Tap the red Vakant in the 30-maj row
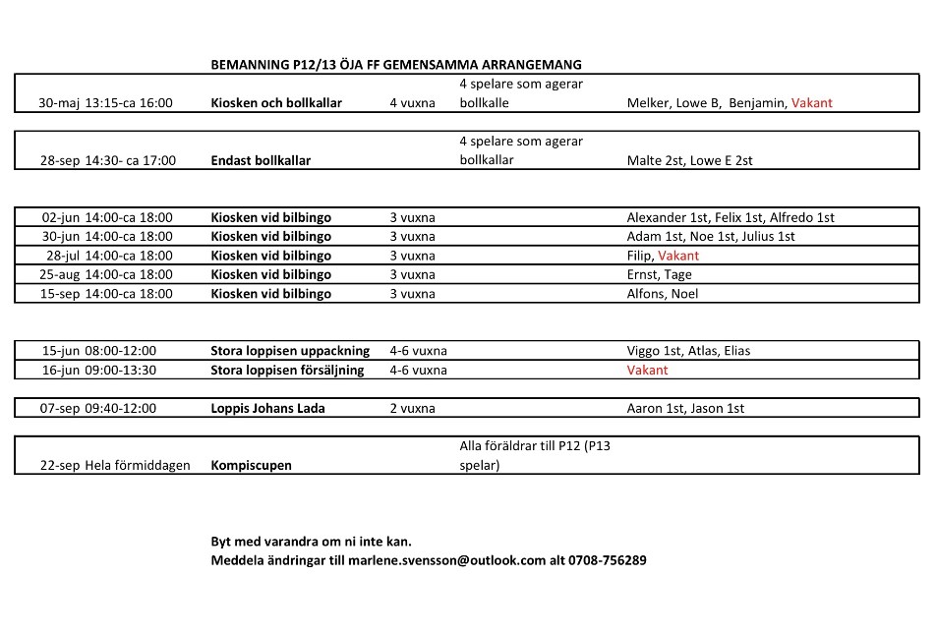(812, 103)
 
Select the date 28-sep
(59, 160)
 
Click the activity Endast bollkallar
(261, 160)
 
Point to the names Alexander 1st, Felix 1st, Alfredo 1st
(731, 217)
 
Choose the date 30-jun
(60, 236)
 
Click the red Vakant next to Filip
(678, 256)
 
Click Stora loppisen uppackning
(290, 350)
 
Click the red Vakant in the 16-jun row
(647, 370)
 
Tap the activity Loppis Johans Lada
(267, 408)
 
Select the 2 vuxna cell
(412, 408)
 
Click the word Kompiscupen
(251, 465)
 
